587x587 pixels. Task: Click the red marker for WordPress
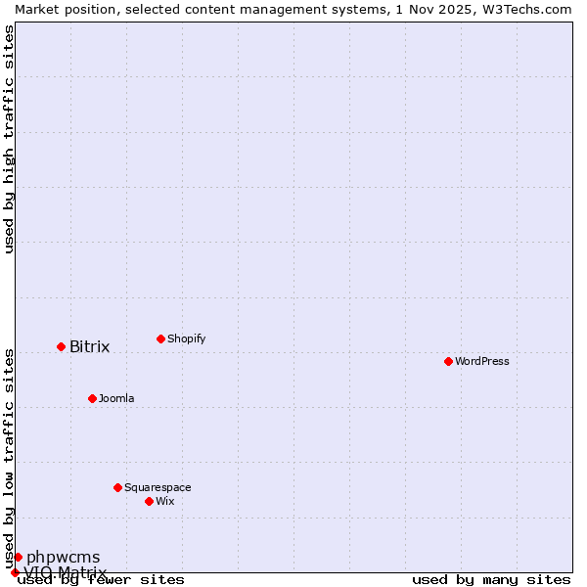448,361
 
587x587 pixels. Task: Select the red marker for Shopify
160,339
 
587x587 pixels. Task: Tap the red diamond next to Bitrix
61,346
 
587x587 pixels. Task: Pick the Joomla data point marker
92,398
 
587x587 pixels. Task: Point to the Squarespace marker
117,487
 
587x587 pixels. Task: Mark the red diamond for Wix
149,501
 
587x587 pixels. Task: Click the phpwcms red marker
18,557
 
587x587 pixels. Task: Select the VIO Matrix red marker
15,572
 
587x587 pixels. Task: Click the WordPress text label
482,361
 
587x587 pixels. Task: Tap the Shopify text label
186,339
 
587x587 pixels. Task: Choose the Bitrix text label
89,346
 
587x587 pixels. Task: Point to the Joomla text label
116,398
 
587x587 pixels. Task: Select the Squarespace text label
158,487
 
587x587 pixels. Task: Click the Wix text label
164,501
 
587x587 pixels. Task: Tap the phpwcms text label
63,558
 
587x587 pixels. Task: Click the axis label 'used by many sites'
491,579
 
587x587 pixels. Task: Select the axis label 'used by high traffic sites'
9,139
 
